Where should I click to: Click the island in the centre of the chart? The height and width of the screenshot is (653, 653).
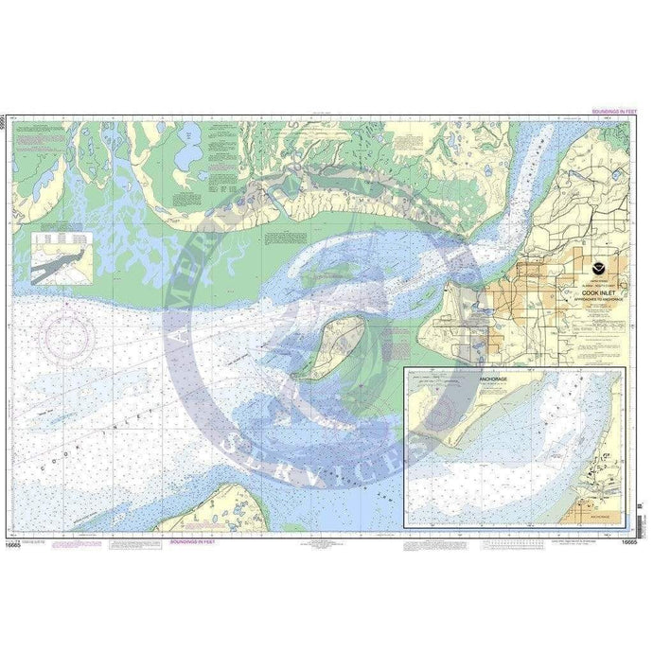tap(329, 347)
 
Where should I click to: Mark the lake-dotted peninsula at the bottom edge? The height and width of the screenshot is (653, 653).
tap(206, 512)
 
